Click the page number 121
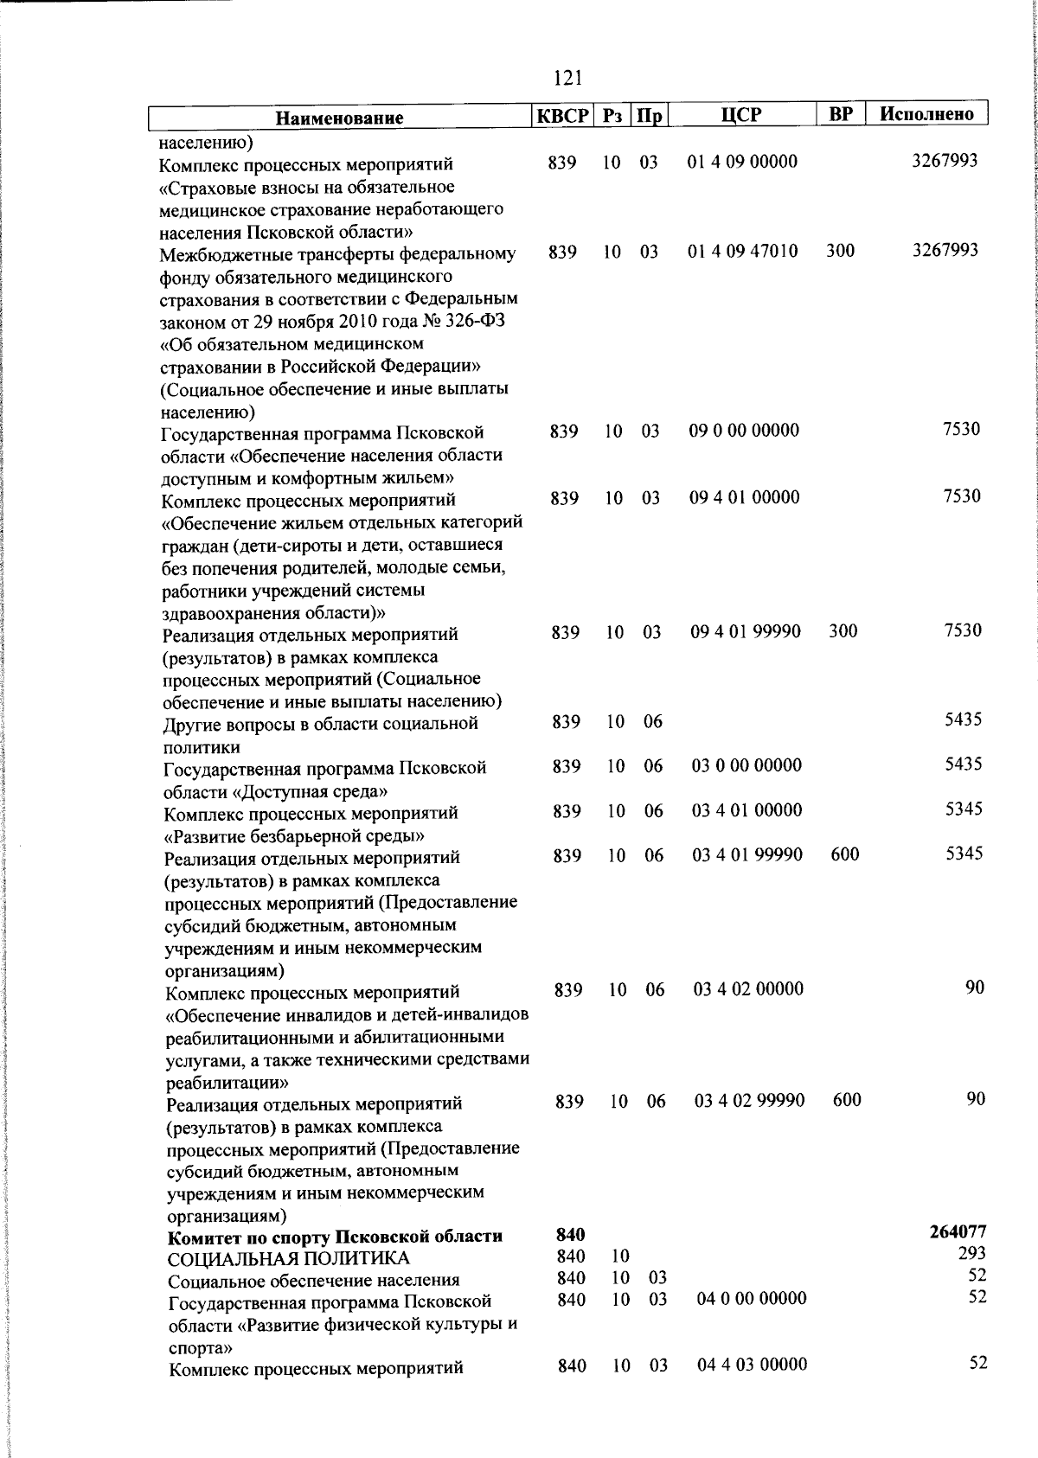[567, 79]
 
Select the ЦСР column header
[742, 114]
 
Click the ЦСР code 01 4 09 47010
[742, 252]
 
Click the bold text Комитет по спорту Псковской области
[335, 1237]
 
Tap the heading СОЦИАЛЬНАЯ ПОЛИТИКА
[288, 1258]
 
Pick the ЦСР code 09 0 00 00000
[744, 431]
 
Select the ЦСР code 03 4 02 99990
[749, 1101]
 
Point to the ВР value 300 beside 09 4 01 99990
[843, 631]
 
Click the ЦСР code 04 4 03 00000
[752, 1364]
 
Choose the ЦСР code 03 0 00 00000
[746, 765]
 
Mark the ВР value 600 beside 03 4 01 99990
[844, 854]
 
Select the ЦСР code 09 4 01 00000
[744, 497]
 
